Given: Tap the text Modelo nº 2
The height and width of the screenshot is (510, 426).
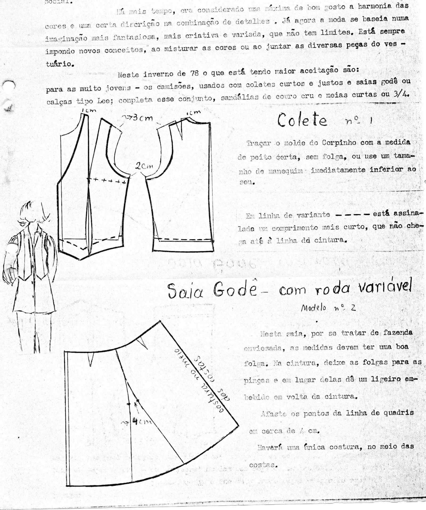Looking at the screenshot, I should click(328, 308).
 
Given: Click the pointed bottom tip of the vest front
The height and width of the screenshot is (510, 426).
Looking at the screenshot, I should click(81, 259).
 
